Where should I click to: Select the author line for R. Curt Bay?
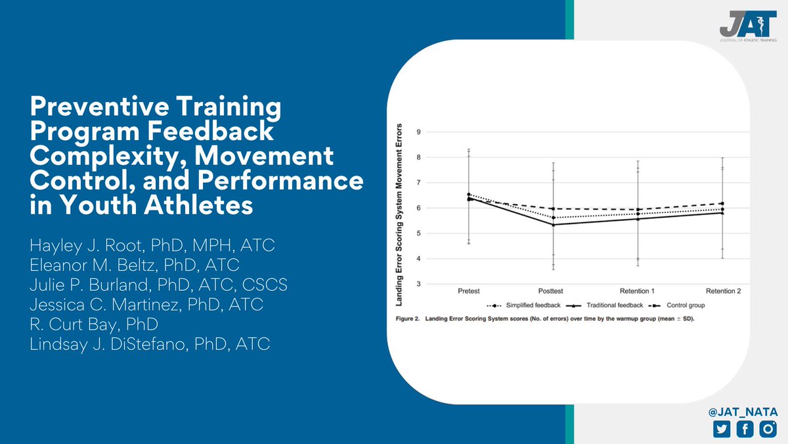tap(93, 324)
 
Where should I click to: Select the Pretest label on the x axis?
tap(468, 291)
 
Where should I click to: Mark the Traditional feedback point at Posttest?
tap(553, 225)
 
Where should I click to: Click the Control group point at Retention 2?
tap(722, 203)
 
